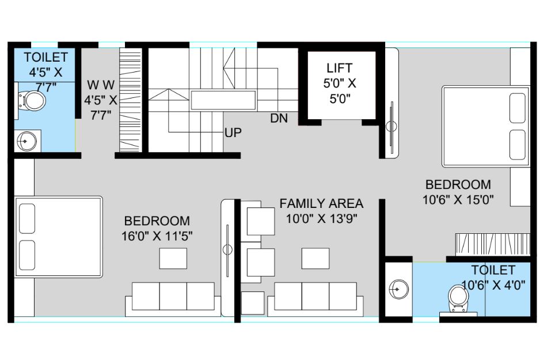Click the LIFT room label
click(339, 67)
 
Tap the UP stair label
click(233, 133)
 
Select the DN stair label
click(279, 119)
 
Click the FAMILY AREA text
click(321, 203)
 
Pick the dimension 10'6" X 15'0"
click(458, 200)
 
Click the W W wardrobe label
click(101, 85)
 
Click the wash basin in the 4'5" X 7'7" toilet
click(26, 141)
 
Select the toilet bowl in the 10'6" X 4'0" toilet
click(458, 299)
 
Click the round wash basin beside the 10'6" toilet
click(399, 289)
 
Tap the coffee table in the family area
click(315, 259)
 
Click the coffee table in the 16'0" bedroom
click(173, 259)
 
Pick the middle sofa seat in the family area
click(315, 296)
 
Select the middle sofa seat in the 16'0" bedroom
click(173, 296)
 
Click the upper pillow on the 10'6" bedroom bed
click(517, 108)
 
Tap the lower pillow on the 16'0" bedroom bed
click(27, 255)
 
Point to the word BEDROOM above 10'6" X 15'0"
click(458, 184)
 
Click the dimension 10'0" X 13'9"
click(321, 219)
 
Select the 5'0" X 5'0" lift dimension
click(340, 90)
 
